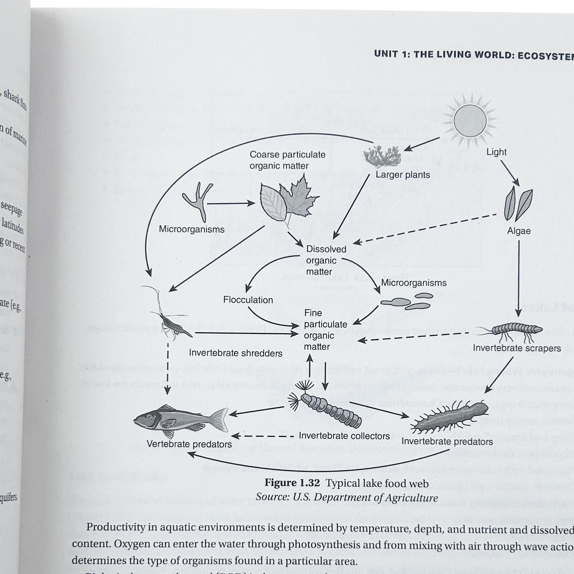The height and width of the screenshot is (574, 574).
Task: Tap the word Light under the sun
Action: point(496,152)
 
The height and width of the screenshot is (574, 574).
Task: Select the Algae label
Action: point(519,231)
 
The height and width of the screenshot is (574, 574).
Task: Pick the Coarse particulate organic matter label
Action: point(287,160)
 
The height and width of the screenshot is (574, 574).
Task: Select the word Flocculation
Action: point(248,300)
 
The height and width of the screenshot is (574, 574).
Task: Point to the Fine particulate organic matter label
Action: point(325,330)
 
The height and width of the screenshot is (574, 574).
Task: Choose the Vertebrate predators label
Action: point(189,444)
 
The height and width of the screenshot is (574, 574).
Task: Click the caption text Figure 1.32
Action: point(292,483)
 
